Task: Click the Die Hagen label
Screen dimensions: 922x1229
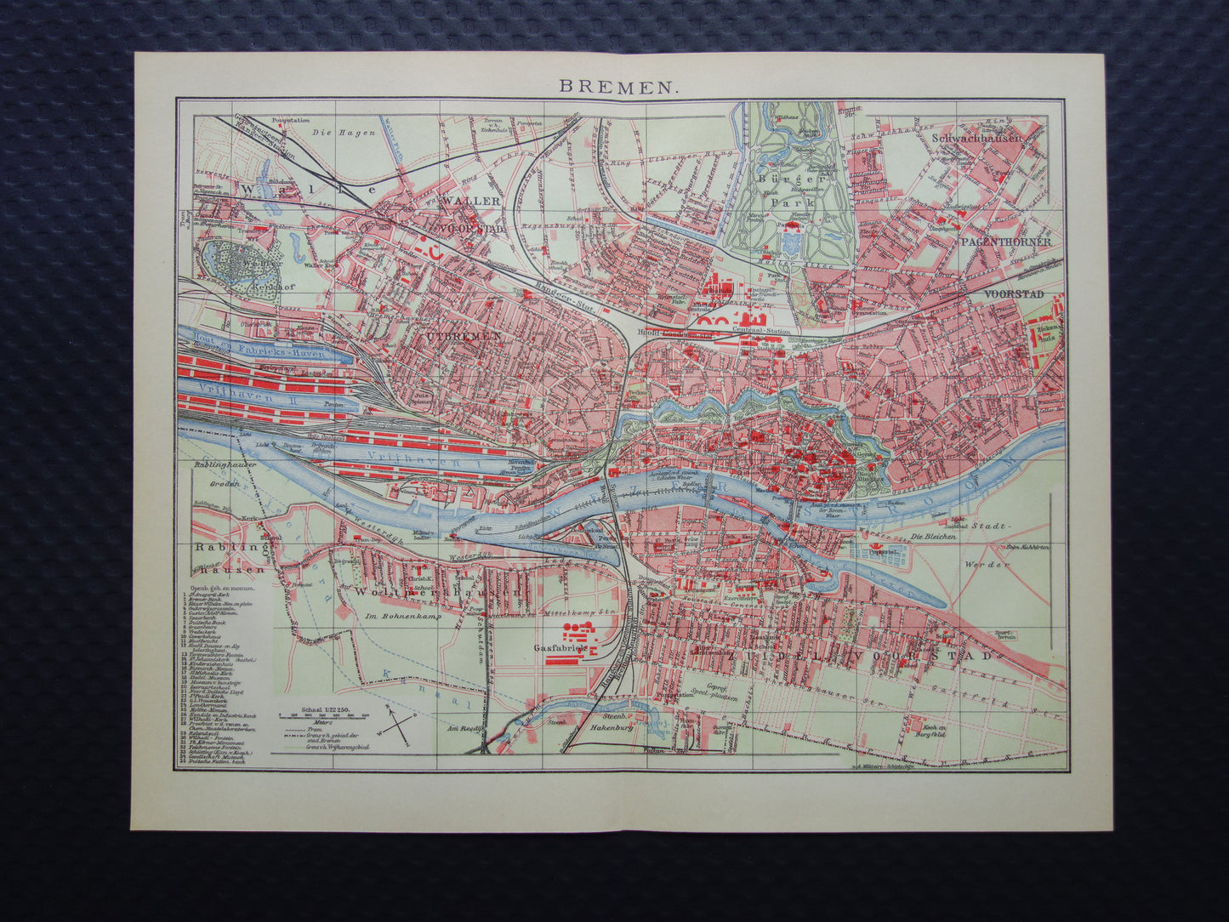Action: tap(331, 133)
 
